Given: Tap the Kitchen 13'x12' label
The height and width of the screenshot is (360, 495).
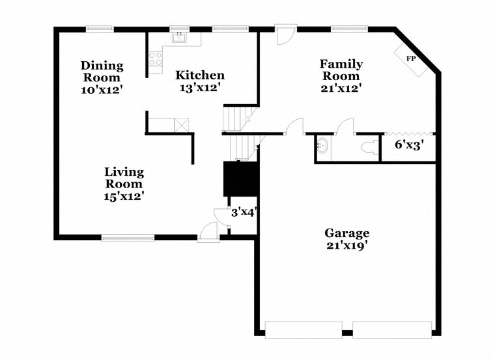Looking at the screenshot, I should [201, 81].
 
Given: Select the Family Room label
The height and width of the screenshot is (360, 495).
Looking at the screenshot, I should [341, 75].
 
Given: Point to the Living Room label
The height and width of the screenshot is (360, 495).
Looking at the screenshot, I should [124, 183].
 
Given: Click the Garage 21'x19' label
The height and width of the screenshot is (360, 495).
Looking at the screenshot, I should [347, 239].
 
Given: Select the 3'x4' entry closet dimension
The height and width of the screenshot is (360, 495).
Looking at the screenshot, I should [243, 212].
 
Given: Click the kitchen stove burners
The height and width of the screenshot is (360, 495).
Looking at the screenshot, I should [156, 60].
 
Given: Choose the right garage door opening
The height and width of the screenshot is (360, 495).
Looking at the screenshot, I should [390, 329].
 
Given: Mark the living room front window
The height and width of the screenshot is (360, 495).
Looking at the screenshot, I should [128, 238].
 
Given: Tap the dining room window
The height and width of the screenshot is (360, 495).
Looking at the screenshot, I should [99, 28].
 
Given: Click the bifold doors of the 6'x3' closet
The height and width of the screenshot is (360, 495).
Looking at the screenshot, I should [409, 133].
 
